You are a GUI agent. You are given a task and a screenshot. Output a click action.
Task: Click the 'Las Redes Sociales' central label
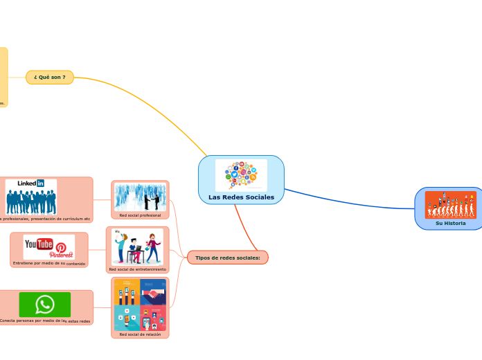click(x=241, y=197)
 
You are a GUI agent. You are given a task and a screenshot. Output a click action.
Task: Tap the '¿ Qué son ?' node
click(x=49, y=77)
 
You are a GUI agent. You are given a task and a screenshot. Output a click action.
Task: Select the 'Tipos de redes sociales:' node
click(x=227, y=258)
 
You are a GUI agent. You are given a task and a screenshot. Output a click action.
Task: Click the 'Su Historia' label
click(x=450, y=224)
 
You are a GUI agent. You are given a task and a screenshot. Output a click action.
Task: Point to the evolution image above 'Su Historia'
click(x=450, y=205)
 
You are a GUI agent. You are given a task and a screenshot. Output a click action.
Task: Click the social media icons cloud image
click(x=241, y=175)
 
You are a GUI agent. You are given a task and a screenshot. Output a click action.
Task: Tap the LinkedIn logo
click(x=31, y=183)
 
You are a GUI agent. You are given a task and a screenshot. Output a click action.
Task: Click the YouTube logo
click(x=39, y=244)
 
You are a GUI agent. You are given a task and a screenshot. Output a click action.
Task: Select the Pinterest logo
click(x=61, y=251)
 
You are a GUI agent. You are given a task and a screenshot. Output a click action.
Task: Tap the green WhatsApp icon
click(x=45, y=304)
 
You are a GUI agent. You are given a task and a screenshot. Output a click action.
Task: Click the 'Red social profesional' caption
click(x=140, y=215)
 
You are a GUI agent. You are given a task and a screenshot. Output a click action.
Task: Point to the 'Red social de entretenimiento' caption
click(x=137, y=269)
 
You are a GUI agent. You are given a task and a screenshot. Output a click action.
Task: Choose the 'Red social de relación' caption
click(x=140, y=334)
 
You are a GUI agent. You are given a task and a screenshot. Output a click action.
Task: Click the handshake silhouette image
click(x=140, y=197)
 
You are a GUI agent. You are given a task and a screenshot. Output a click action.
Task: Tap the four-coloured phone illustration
click(x=140, y=304)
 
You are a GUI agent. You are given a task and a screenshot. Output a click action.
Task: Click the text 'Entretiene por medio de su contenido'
click(x=48, y=264)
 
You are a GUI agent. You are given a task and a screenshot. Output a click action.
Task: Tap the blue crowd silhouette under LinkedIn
click(x=31, y=201)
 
